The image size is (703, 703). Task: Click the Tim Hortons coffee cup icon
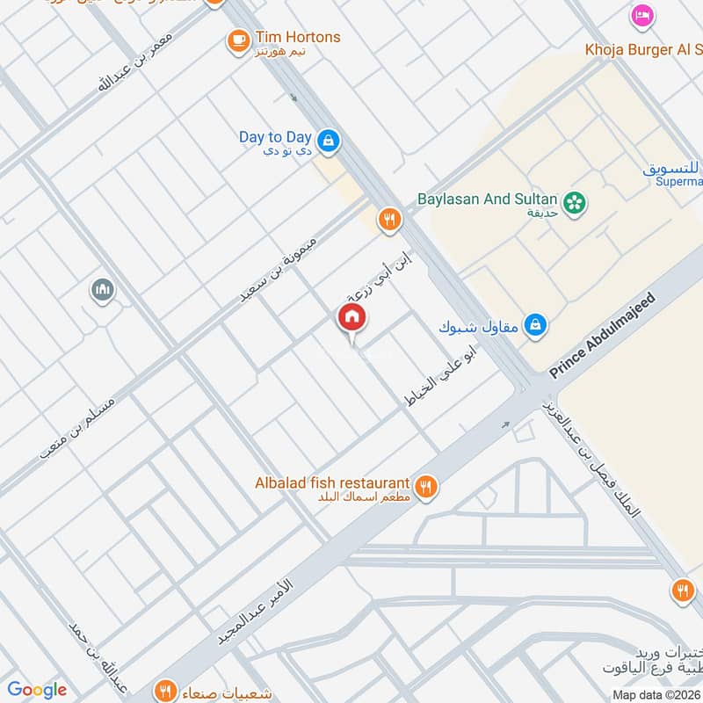[x=237, y=40]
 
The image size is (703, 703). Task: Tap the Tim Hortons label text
[x=297, y=38]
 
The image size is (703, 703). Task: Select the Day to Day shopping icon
[x=329, y=140]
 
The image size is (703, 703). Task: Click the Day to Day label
[x=275, y=137]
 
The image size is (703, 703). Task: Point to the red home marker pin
[x=352, y=319]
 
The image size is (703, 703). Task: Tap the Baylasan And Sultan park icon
[x=576, y=202]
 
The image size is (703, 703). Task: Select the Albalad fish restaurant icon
[x=426, y=486]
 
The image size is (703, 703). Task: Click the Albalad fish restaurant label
[x=332, y=483]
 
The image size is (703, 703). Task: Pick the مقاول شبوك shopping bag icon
[x=534, y=326]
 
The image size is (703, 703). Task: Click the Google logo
[x=37, y=690]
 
